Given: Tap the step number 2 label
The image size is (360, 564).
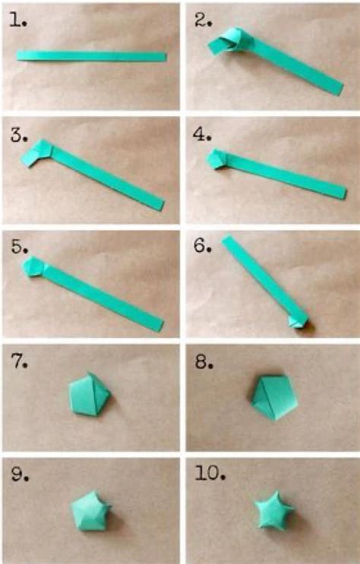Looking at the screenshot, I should [x=201, y=20].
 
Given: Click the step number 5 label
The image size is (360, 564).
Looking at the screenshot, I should [x=17, y=248].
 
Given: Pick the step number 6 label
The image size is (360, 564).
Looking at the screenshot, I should [x=201, y=248].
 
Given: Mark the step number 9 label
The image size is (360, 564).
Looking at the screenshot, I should [x=17, y=475].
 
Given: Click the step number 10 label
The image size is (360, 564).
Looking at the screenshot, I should [x=207, y=475].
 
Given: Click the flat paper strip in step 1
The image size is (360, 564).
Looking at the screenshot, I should [x=91, y=56].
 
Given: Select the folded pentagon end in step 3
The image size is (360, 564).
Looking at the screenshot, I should [x=36, y=153].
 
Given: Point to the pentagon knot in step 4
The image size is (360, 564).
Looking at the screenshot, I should [x=217, y=159].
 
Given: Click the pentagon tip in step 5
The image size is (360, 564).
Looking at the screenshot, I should [x=34, y=267].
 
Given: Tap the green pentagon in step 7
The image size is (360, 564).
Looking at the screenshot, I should [x=90, y=395].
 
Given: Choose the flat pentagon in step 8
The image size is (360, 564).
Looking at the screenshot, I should [x=271, y=395].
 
